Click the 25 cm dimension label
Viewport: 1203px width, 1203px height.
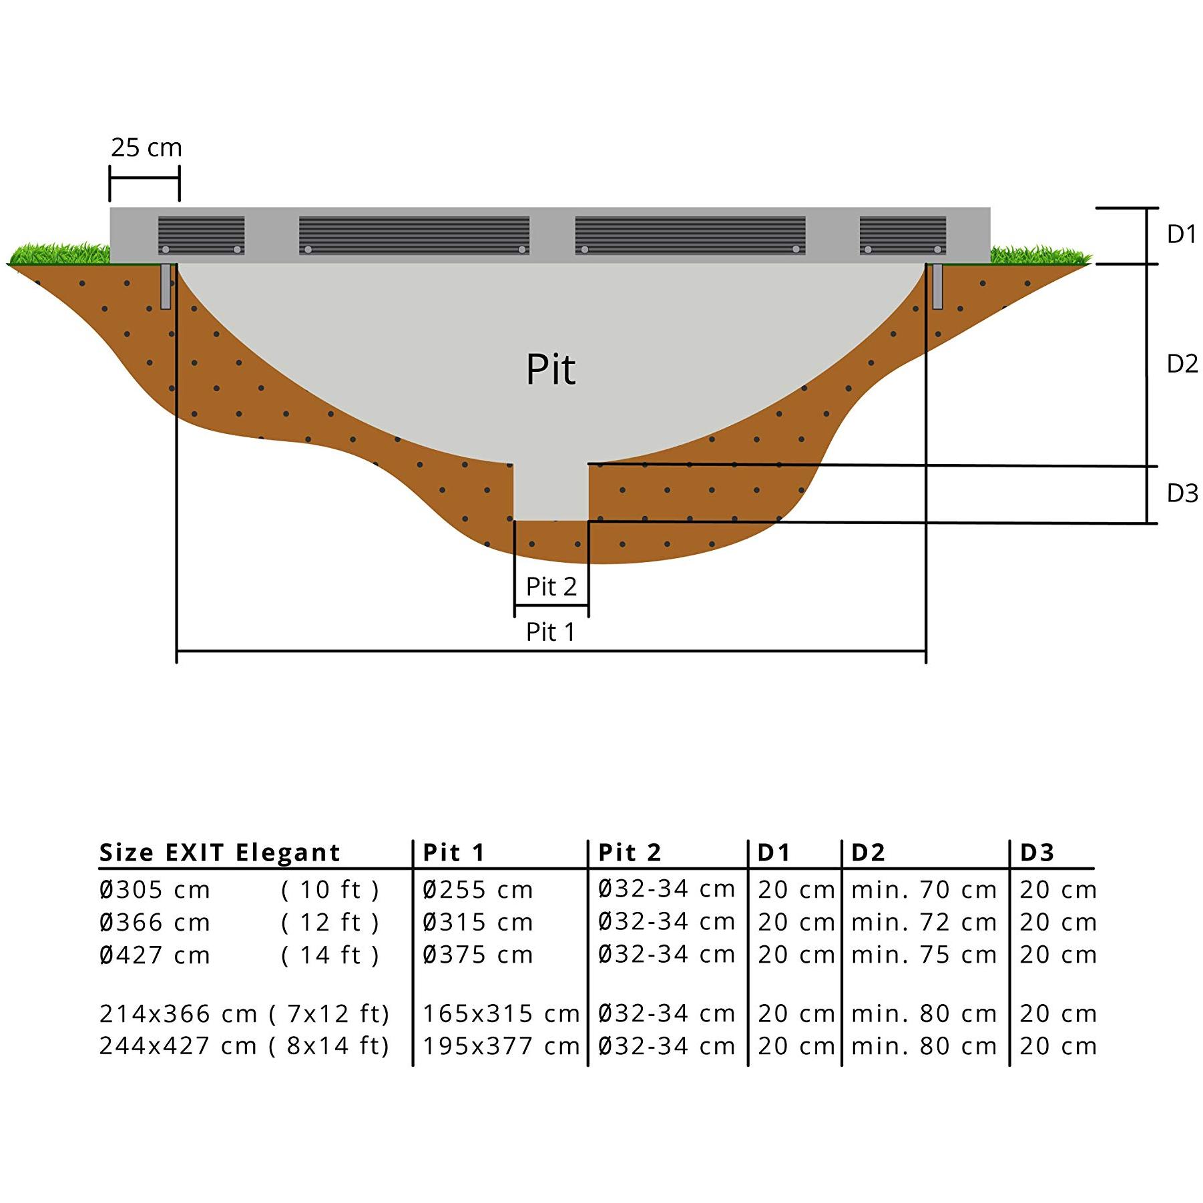[146, 148]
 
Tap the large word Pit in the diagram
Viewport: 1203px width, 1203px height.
[551, 369]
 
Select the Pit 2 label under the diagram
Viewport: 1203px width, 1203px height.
[551, 587]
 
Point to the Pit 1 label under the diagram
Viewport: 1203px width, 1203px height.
[550, 632]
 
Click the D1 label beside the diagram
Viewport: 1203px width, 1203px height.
[1181, 234]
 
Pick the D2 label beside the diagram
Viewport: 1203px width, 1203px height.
[1182, 364]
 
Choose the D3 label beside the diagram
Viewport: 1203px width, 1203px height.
[1182, 493]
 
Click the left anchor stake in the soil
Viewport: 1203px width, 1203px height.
[166, 286]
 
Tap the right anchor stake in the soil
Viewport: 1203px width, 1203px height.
[937, 286]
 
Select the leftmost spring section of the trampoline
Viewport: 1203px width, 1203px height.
[201, 235]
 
